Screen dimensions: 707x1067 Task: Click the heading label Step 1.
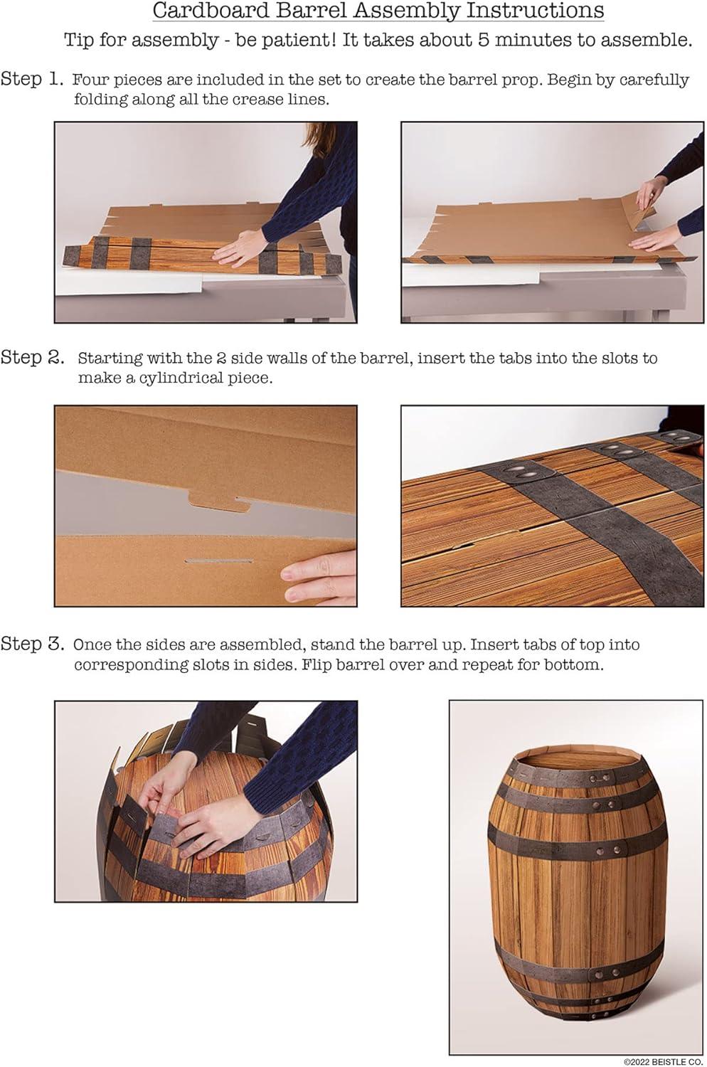coord(33,79)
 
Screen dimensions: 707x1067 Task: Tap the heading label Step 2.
coord(33,357)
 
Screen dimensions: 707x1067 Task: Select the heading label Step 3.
coord(33,644)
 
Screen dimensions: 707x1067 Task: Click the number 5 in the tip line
coord(484,40)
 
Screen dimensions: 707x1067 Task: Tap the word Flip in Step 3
coord(317,665)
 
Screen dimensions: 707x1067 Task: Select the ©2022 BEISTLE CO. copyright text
coord(664,1061)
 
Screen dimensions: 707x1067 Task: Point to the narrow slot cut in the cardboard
coord(218,561)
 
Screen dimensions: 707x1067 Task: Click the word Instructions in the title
coord(535,11)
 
